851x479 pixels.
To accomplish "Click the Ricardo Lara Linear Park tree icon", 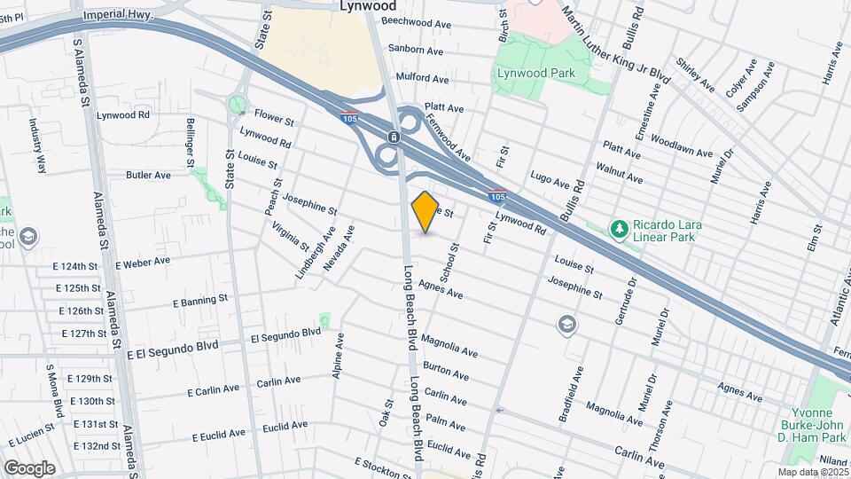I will click(x=620, y=230).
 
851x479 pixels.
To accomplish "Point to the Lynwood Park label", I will click(x=547, y=74).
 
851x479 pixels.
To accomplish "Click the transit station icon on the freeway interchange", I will click(x=392, y=137).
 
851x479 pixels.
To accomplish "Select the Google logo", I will click(x=28, y=467).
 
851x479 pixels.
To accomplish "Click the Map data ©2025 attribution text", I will click(x=812, y=472).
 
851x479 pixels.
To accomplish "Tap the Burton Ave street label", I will click(x=445, y=370).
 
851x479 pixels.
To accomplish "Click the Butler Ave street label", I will click(x=148, y=176).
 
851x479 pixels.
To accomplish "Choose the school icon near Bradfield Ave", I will click(x=565, y=326).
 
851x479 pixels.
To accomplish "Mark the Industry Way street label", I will click(x=38, y=142).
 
